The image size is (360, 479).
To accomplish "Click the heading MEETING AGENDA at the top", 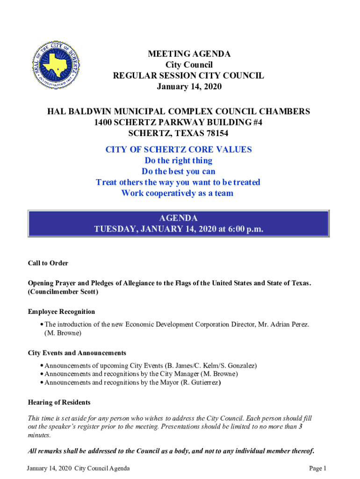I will coord(189,54).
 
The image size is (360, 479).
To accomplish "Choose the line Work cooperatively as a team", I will coord(177,193).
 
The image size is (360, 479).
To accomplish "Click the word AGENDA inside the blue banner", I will coord(178,218).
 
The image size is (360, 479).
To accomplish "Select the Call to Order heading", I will coord(48,263).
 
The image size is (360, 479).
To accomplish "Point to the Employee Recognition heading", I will coord(61,312).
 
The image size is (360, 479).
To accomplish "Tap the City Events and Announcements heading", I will coord(77,353).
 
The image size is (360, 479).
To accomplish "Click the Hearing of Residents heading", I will coord(59,402).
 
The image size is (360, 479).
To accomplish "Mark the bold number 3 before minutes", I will coord(300,427).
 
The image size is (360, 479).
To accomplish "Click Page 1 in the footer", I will coord(317,468).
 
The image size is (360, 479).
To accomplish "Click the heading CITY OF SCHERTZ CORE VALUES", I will coord(179,150).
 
